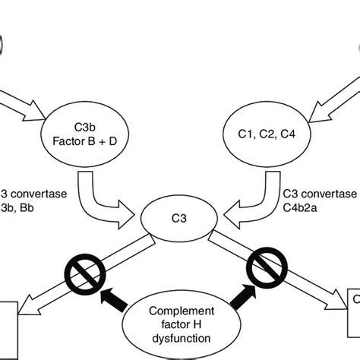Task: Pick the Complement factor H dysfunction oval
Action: click(179, 322)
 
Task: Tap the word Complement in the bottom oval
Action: click(179, 310)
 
